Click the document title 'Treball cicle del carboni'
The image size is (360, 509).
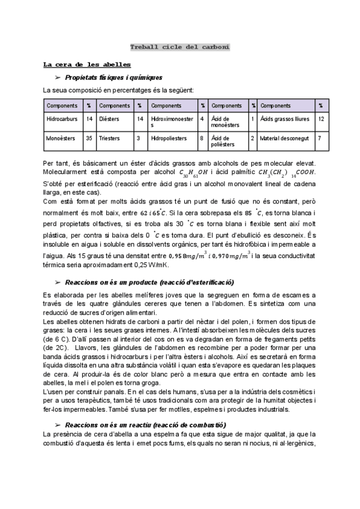click(180, 47)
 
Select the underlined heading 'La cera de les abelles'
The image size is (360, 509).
click(87, 64)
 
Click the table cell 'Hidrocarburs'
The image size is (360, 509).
click(62, 119)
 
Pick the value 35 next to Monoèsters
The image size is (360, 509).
click(89, 138)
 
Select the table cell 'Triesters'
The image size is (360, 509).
click(110, 138)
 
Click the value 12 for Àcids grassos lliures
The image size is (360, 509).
click(322, 119)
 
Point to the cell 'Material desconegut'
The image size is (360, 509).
click(284, 138)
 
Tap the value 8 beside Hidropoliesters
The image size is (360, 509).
click(202, 138)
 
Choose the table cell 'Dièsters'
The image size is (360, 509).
click(110, 119)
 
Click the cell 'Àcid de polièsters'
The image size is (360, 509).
click(226, 141)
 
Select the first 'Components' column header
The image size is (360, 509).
click(62, 106)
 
